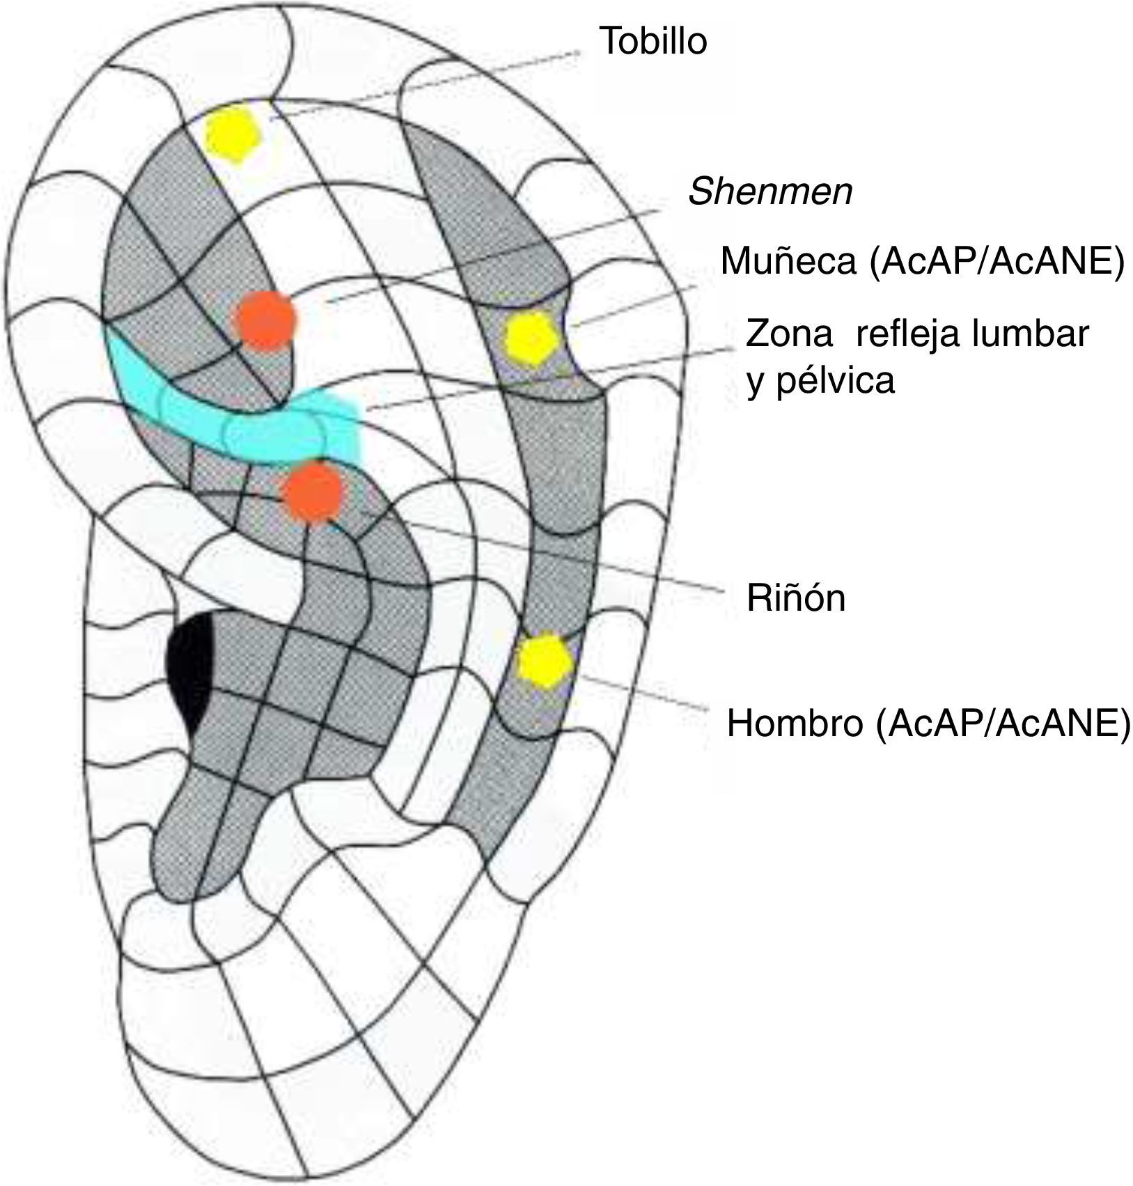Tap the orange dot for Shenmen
tap(265, 320)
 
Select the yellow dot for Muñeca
tap(531, 338)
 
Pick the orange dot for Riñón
tap(313, 492)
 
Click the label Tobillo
tap(653, 41)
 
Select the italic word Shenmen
tap(770, 192)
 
